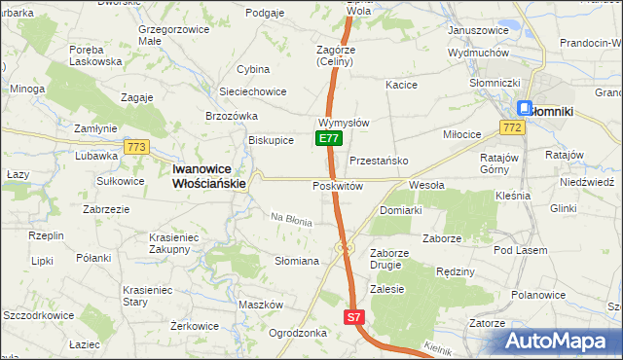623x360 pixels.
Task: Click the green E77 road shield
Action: [329, 139]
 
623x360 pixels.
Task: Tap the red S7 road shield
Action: [355, 317]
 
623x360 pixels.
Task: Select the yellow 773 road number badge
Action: [136, 147]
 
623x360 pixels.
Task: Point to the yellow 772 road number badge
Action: [513, 127]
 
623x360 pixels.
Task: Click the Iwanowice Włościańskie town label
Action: [209, 174]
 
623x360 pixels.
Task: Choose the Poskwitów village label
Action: [338, 186]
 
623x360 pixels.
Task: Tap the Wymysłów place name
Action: [343, 124]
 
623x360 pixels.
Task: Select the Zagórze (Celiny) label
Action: [340, 55]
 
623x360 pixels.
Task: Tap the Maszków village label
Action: [260, 305]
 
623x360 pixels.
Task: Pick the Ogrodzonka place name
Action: [297, 332]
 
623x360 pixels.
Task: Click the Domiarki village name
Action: [400, 210]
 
